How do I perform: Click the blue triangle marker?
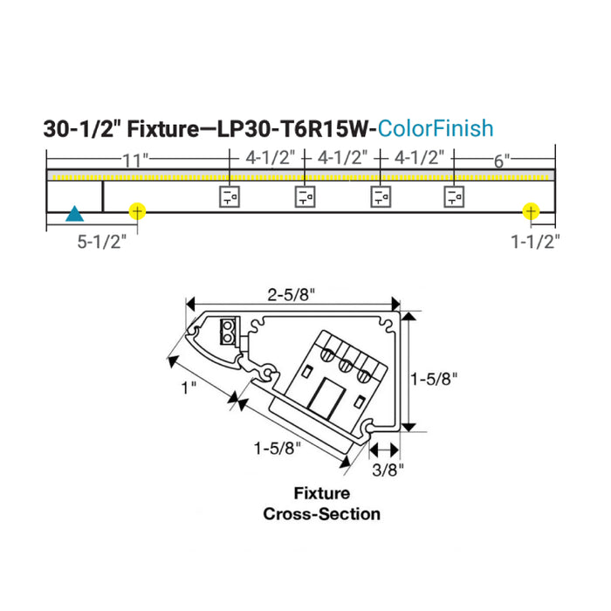click(76, 213)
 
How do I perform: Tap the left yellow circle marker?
click(137, 211)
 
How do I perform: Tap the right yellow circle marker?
click(530, 211)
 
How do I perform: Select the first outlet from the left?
click(229, 196)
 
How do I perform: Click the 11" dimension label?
click(134, 159)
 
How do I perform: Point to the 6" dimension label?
click(501, 159)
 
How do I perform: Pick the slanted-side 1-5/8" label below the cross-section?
click(278, 449)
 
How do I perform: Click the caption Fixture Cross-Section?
click(321, 504)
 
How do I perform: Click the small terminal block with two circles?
click(228, 330)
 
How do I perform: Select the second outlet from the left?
click(305, 196)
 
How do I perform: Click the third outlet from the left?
click(381, 196)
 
